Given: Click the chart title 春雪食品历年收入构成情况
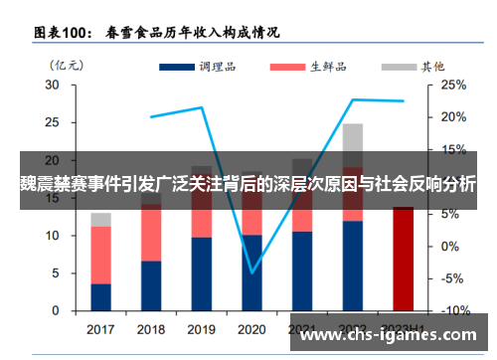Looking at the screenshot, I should click(199, 32).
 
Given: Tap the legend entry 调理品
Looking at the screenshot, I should click(209, 67).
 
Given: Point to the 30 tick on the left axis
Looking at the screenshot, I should click(52, 86).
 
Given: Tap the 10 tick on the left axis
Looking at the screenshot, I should click(52, 236).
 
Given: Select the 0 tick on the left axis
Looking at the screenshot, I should click(56, 311).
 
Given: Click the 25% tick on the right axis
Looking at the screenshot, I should click(453, 86).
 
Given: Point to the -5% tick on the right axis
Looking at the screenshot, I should click(453, 279).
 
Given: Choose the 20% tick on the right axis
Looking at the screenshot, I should click(453, 117).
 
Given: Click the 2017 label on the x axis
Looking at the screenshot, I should click(100, 329).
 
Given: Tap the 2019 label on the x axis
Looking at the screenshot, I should click(201, 329).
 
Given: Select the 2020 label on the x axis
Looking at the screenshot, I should click(251, 329).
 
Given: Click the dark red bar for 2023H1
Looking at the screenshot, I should click(403, 259).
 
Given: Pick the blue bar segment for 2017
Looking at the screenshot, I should click(100, 297).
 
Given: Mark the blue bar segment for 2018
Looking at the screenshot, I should click(151, 286).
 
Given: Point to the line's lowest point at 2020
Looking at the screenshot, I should click(252, 271).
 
